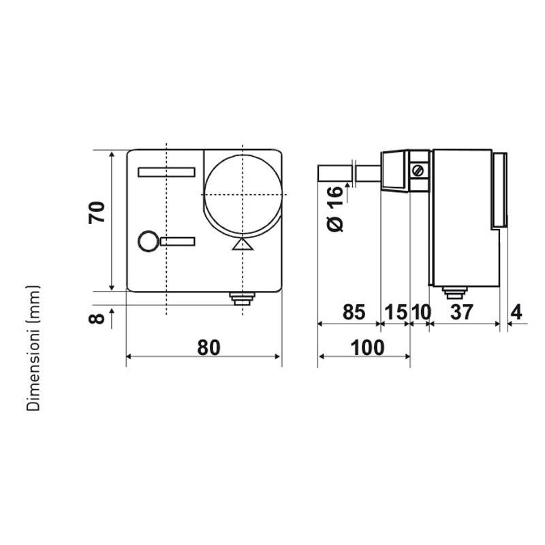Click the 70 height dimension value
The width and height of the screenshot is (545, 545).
click(x=97, y=212)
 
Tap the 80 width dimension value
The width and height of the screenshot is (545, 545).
click(x=208, y=347)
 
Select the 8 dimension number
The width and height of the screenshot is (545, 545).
click(x=97, y=318)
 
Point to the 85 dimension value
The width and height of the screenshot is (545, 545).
click(x=354, y=312)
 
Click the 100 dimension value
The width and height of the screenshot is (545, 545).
click(x=367, y=347)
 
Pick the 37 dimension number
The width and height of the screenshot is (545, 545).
click(x=462, y=312)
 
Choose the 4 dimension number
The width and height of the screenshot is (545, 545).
click(x=516, y=312)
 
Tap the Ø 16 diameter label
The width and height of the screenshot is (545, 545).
click(x=335, y=208)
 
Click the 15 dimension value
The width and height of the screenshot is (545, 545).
click(x=396, y=312)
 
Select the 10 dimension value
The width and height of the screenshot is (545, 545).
click(x=421, y=312)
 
